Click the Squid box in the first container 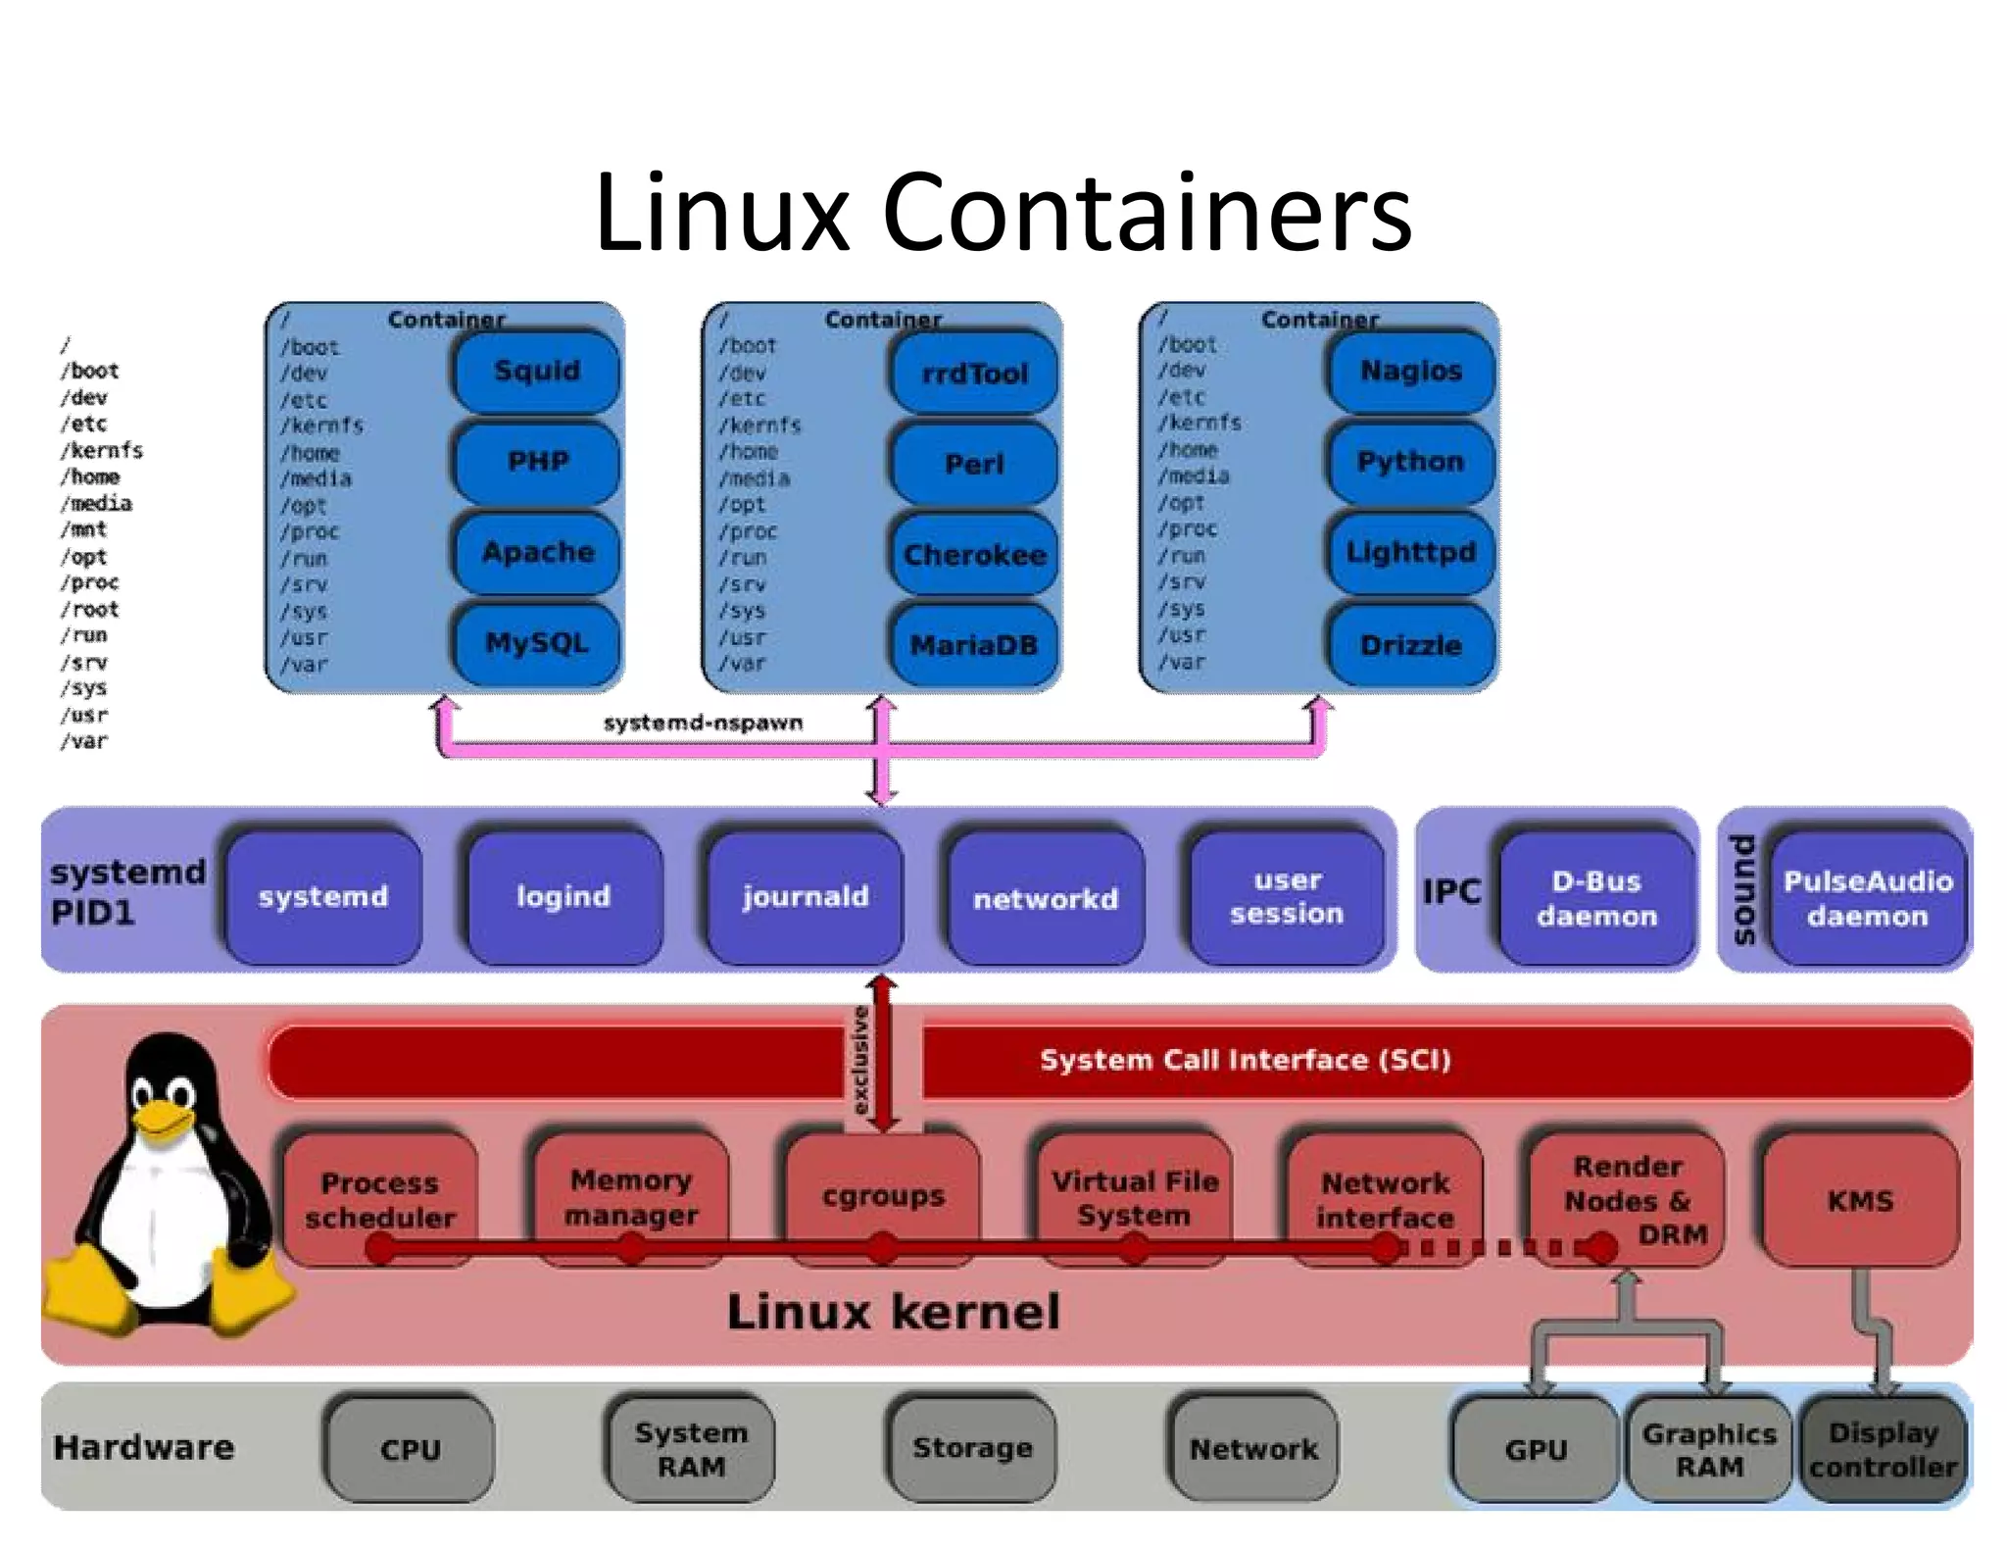click(x=536, y=372)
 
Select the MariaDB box click(x=974, y=645)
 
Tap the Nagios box click(x=1410, y=371)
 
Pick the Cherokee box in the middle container click(x=974, y=555)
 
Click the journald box click(x=805, y=897)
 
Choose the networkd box click(x=1045, y=898)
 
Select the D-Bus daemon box click(x=1596, y=898)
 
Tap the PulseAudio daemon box click(x=1868, y=898)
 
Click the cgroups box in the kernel click(x=883, y=1196)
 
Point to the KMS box click(x=1860, y=1200)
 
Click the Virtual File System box click(x=1134, y=1197)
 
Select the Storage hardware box click(x=972, y=1448)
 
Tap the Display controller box click(x=1883, y=1449)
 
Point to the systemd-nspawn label click(x=703, y=723)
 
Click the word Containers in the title click(x=1147, y=213)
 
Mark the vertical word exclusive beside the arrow click(x=859, y=1059)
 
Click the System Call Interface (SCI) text click(x=1245, y=1060)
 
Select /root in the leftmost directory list click(x=90, y=609)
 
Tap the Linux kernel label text click(x=893, y=1312)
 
